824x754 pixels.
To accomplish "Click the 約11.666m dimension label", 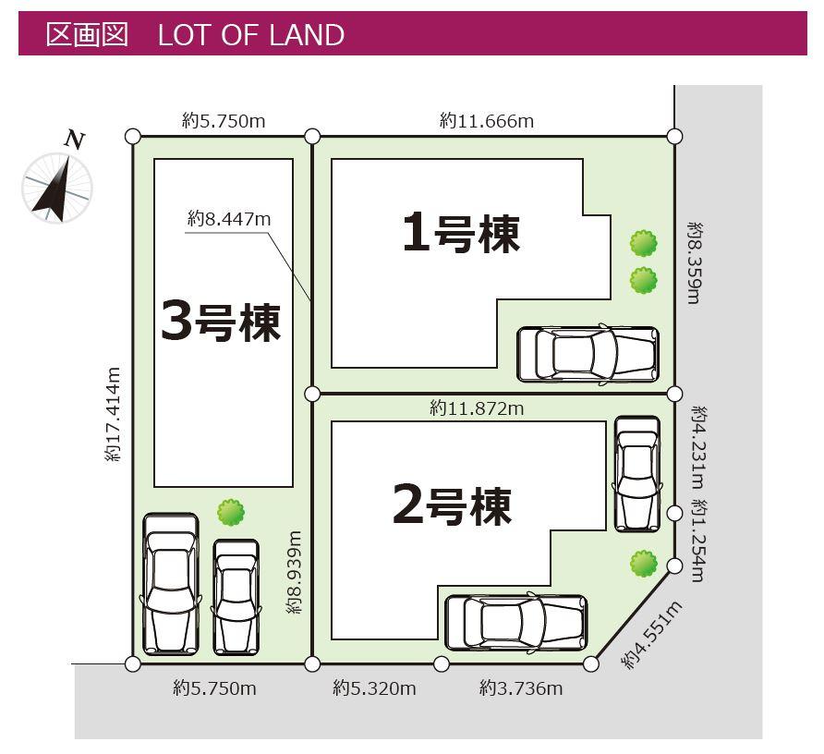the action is [487, 121].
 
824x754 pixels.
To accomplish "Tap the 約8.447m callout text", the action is [229, 218].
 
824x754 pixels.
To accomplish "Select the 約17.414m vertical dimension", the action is [113, 414].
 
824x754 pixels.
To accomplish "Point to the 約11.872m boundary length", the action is [477, 408].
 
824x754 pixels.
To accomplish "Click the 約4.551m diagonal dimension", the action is [652, 635].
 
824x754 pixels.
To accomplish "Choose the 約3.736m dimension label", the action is [521, 687].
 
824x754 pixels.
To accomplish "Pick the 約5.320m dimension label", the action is [374, 687].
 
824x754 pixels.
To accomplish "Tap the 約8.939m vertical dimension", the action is [295, 572].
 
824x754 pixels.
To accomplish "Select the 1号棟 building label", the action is [461, 234].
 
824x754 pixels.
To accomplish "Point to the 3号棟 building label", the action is [221, 322].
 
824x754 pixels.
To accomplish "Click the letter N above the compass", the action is [75, 140].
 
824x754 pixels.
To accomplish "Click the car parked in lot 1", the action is [588, 355].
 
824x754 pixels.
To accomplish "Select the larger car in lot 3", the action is [171, 584].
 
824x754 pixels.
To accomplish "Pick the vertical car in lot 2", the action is [637, 474].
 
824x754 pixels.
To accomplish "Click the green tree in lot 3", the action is [231, 512].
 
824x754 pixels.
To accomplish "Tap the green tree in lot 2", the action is [644, 563].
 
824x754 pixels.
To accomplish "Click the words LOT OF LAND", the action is [251, 35].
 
